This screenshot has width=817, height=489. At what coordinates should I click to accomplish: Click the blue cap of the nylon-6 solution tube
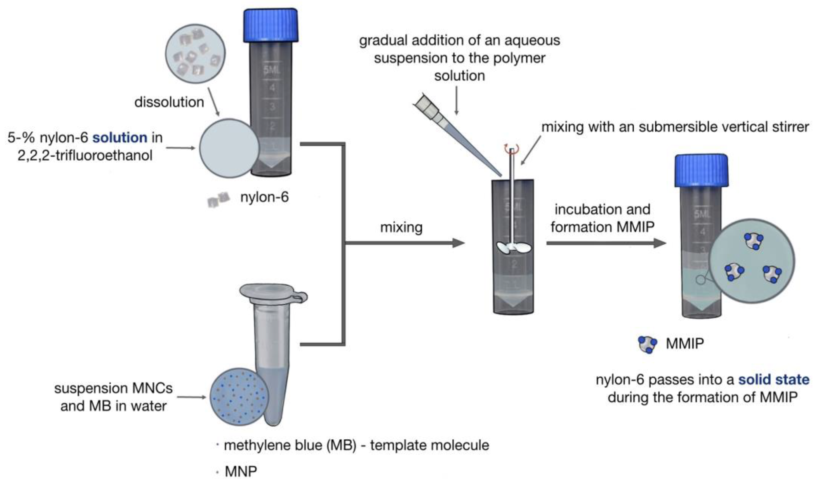point(270,26)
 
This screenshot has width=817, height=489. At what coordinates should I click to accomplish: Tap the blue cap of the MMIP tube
point(701,170)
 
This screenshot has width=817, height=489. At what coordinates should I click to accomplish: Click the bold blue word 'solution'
point(120,138)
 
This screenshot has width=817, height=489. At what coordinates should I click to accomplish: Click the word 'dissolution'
point(169,102)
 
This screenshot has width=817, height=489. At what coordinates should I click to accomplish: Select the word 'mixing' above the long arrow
point(401,227)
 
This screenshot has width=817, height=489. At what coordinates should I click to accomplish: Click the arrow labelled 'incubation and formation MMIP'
point(606,243)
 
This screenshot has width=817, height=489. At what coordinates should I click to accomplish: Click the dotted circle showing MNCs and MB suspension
point(239,397)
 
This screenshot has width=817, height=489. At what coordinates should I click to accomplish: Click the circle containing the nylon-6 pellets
point(196,53)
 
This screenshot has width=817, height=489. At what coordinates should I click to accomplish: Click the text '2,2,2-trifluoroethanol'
point(85,155)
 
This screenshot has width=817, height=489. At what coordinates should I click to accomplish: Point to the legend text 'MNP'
point(241,472)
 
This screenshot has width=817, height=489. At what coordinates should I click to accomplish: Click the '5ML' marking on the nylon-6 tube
point(272,70)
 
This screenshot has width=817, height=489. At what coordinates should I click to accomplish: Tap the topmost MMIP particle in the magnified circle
point(754,241)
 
